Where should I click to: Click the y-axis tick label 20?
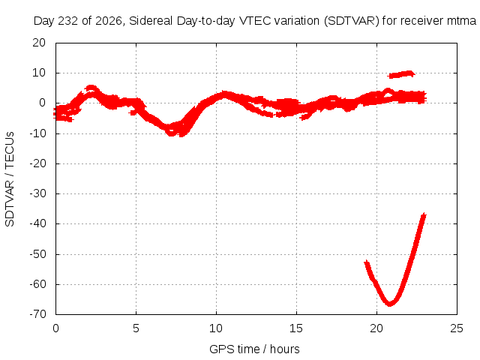pos(39,43)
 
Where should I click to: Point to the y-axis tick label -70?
pos(37,314)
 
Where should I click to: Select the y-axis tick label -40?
pos(37,223)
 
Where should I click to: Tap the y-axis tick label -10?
pos(37,133)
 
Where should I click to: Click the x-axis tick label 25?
pos(457,328)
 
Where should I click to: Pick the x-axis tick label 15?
pos(296,328)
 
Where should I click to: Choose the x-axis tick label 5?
pos(136,328)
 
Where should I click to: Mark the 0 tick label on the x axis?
pos(55,328)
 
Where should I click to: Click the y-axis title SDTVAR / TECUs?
pos(10,179)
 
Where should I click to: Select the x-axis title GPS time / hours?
pos(254,349)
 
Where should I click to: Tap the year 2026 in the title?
pos(108,21)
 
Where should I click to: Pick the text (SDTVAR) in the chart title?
pos(352,21)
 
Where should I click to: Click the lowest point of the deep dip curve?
pos(390,304)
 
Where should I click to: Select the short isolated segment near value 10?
pos(401,74)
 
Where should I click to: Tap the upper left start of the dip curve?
pos(367,262)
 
